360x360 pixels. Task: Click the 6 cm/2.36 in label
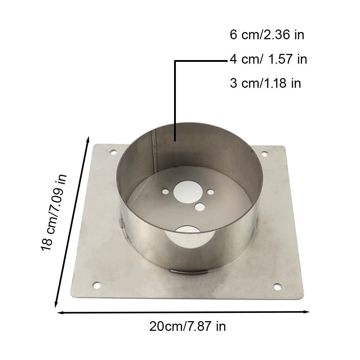267,35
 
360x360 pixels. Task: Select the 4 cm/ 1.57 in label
269,59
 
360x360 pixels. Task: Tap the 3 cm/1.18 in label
265,83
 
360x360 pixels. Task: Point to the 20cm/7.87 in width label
188,327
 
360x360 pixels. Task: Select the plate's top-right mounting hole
264,154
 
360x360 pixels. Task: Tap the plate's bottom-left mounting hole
96,286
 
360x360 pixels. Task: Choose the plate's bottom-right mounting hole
277,287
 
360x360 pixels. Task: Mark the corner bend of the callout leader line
175,61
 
